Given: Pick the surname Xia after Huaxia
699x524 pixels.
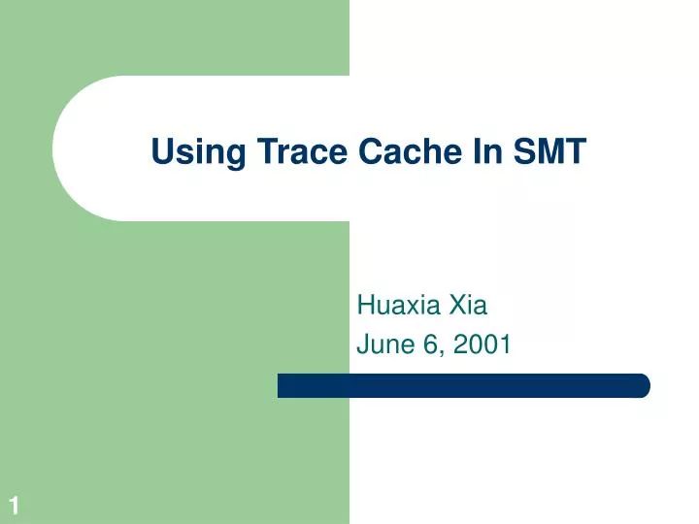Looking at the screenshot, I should click(x=468, y=307).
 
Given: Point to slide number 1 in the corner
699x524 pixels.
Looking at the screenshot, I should click(x=15, y=505).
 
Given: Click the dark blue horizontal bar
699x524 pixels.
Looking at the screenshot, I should click(x=463, y=385).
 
